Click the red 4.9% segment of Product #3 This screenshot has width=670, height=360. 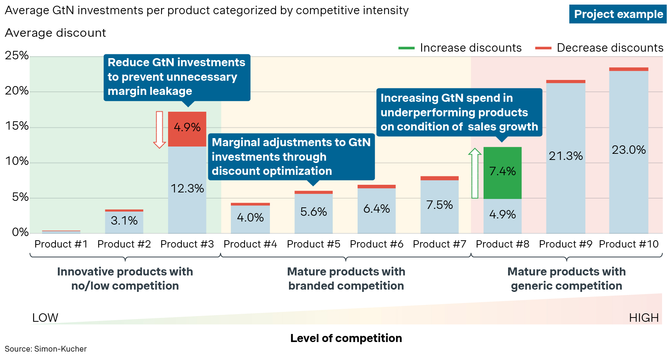point(187,129)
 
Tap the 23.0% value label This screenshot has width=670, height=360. point(629,150)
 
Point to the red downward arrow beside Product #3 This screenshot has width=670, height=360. point(159,129)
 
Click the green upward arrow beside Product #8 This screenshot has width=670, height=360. point(475,173)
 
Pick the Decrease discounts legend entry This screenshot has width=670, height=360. point(599,48)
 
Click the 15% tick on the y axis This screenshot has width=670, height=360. point(17,126)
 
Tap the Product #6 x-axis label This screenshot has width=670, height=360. point(376,244)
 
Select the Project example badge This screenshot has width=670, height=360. point(618,14)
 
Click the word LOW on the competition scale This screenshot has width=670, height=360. point(45,318)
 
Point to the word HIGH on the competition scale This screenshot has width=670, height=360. point(644,318)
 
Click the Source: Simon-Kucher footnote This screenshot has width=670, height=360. point(46,349)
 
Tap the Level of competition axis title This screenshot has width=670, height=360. point(346,338)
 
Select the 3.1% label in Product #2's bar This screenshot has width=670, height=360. point(124,220)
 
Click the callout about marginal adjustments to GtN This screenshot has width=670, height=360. point(291,157)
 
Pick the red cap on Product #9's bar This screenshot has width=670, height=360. point(565,81)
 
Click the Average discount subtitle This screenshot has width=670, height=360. point(55,33)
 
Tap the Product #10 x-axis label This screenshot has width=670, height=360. point(629,244)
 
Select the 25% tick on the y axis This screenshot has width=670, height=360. point(17,56)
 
